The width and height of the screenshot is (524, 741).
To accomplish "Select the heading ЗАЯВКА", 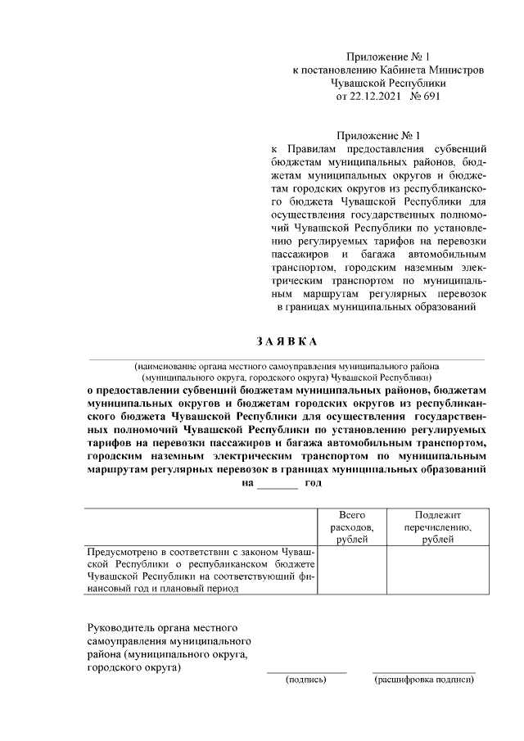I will click(x=286, y=341).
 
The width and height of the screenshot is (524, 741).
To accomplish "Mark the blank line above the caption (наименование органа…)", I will click(x=286, y=359).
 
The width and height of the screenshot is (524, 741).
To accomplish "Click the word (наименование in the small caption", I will click(x=169, y=366).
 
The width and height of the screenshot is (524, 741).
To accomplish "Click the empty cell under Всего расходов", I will click(x=351, y=582).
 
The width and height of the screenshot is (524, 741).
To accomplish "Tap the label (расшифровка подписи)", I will click(x=423, y=680).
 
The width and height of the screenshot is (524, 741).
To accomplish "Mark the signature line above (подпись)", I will click(x=306, y=672).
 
